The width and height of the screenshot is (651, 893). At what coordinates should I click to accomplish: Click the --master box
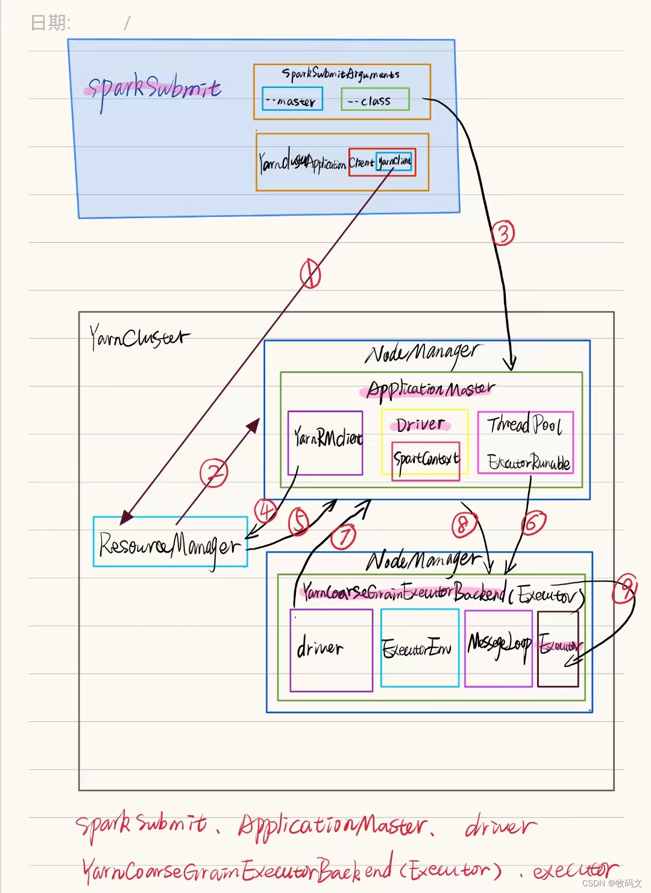click(292, 99)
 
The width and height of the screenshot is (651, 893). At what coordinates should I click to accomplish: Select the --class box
click(375, 99)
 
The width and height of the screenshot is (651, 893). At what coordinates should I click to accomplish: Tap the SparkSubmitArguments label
click(341, 74)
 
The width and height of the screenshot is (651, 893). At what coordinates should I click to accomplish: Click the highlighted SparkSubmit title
click(154, 89)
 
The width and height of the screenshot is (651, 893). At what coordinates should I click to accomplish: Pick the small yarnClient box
click(394, 161)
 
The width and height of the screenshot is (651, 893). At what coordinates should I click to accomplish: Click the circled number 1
click(310, 274)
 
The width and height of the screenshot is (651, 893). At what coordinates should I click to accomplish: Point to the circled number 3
click(503, 233)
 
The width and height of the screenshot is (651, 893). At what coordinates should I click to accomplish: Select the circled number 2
click(214, 473)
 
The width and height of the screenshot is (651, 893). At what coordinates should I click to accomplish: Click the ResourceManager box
click(170, 542)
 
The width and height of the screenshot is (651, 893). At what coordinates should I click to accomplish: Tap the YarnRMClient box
click(325, 443)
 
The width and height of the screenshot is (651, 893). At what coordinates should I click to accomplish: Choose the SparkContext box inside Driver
click(426, 460)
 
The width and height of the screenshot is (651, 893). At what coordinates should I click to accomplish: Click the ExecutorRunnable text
click(529, 462)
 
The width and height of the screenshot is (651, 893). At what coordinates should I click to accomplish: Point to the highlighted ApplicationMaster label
click(431, 389)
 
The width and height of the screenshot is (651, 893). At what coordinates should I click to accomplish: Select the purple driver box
click(331, 650)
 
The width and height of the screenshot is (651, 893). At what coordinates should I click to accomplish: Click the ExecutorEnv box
click(420, 648)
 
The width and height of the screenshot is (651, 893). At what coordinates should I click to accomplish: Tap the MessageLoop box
click(498, 647)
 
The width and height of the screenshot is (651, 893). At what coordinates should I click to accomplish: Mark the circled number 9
click(625, 589)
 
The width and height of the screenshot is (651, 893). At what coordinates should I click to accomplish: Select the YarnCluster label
click(139, 337)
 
